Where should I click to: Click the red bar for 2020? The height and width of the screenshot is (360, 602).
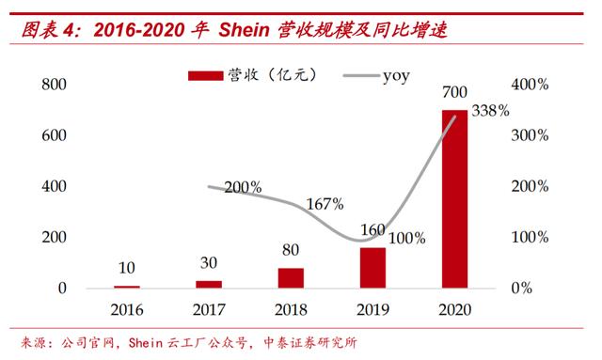(x=454, y=198)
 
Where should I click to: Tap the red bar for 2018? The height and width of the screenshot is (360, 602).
(x=291, y=277)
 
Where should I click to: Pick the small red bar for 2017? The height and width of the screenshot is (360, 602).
(x=210, y=284)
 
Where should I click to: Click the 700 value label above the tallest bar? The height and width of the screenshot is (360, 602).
(x=454, y=94)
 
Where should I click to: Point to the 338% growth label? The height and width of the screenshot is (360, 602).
(x=489, y=111)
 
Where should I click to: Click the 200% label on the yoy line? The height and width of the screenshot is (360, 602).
(x=244, y=187)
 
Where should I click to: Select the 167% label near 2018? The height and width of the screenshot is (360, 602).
(x=325, y=203)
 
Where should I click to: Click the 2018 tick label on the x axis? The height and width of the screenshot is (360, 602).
(x=291, y=309)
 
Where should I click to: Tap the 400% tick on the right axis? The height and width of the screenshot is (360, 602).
(x=529, y=85)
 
